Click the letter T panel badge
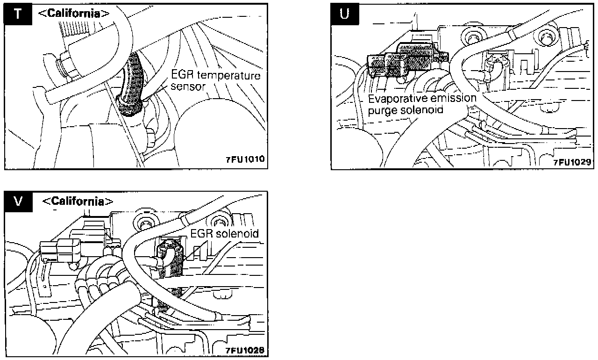pyautogui.click(x=18, y=14)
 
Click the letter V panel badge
pyautogui.click(x=18, y=202)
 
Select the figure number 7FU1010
pyautogui.click(x=245, y=159)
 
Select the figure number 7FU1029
pyautogui.click(x=573, y=162)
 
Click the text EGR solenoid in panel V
pyautogui.click(x=224, y=233)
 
